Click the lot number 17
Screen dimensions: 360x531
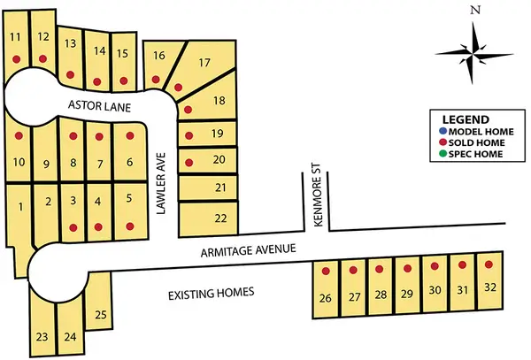pyautogui.click(x=204, y=63)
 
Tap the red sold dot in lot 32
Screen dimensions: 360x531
pyautogui.click(x=489, y=264)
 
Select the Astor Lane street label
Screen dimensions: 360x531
pyautogui.click(x=99, y=106)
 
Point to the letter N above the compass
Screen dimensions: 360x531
pyautogui.click(x=475, y=11)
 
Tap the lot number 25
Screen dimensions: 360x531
pyautogui.click(x=101, y=314)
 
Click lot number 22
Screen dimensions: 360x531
pyautogui.click(x=220, y=218)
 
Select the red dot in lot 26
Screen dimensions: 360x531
pyautogui.click(x=326, y=271)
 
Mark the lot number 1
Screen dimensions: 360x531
pyautogui.click(x=19, y=207)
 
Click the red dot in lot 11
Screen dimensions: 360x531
pyautogui.click(x=17, y=59)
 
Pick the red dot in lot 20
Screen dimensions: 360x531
pyautogui.click(x=189, y=162)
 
